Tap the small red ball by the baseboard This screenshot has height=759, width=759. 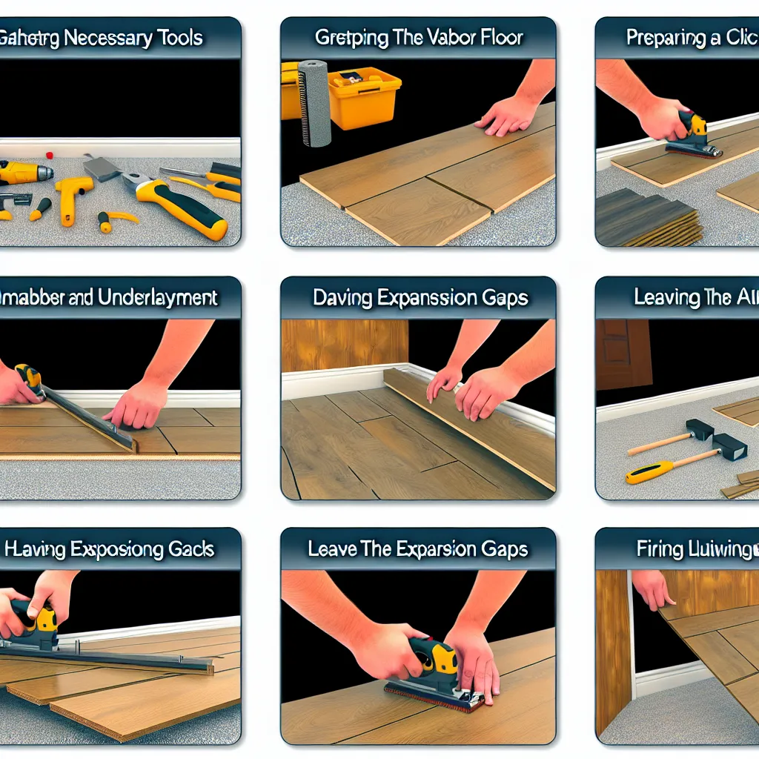click(50, 156)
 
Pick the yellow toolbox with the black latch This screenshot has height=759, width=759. click(363, 96)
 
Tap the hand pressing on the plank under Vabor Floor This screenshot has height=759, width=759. click(508, 114)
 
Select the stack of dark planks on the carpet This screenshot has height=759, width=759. click(649, 219)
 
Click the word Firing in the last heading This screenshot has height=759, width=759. click(660, 549)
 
